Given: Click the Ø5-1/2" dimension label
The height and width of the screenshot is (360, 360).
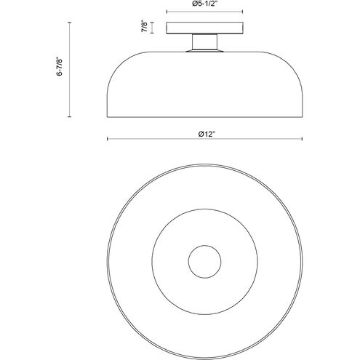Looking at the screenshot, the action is click(x=204, y=4).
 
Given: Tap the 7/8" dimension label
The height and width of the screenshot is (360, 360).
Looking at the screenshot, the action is click(x=144, y=27).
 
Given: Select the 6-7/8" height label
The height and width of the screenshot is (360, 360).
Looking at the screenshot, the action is click(x=60, y=67).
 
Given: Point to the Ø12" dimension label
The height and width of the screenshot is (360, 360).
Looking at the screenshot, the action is click(x=207, y=134).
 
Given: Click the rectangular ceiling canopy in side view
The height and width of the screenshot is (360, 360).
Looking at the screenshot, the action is click(x=204, y=28).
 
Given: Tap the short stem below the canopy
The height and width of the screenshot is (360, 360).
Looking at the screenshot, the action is click(x=204, y=41).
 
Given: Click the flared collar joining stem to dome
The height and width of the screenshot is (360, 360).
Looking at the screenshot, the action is click(x=204, y=51).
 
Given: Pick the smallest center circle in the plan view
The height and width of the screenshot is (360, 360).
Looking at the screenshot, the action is click(x=204, y=262).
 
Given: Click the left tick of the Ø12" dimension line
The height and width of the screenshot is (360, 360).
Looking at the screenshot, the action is click(x=108, y=139).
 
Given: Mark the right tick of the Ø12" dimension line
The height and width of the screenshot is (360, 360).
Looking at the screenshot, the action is click(x=302, y=139).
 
